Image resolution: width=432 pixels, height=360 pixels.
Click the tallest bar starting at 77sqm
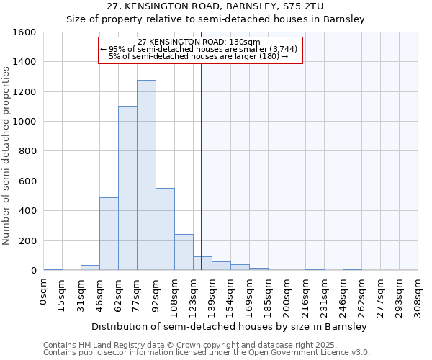click(146, 175)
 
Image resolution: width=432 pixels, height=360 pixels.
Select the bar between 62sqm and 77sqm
click(127, 188)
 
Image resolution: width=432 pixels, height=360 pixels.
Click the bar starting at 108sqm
click(184, 252)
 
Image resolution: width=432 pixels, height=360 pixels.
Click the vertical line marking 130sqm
click(201, 166)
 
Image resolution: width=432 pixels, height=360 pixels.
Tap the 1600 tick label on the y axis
click(24, 32)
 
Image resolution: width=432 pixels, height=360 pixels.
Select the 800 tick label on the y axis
click(27, 151)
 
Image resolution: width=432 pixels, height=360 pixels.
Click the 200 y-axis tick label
click(27, 240)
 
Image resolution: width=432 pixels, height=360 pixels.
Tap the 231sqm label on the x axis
click(325, 296)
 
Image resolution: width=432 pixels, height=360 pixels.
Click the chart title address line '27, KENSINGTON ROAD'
click(215, 6)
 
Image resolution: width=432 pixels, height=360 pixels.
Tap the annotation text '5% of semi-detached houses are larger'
click(198, 56)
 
